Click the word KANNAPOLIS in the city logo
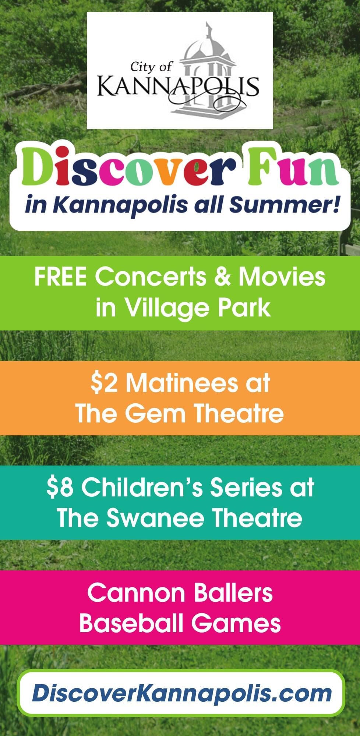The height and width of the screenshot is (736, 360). (x=178, y=87)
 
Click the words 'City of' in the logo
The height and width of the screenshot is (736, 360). (x=151, y=67)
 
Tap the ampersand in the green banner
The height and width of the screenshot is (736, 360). (x=223, y=277)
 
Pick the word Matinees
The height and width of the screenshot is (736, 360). (x=182, y=383)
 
